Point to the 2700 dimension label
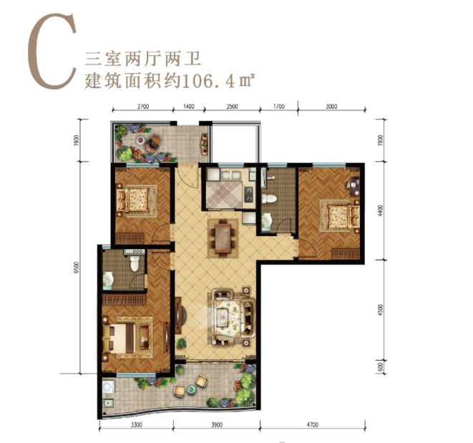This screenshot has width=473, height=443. (142, 107)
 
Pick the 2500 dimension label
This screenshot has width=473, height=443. (233, 107)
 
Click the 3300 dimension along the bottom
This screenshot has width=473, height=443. (138, 424)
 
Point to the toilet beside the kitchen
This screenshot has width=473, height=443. (268, 202)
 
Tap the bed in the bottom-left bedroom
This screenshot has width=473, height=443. (129, 334)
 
